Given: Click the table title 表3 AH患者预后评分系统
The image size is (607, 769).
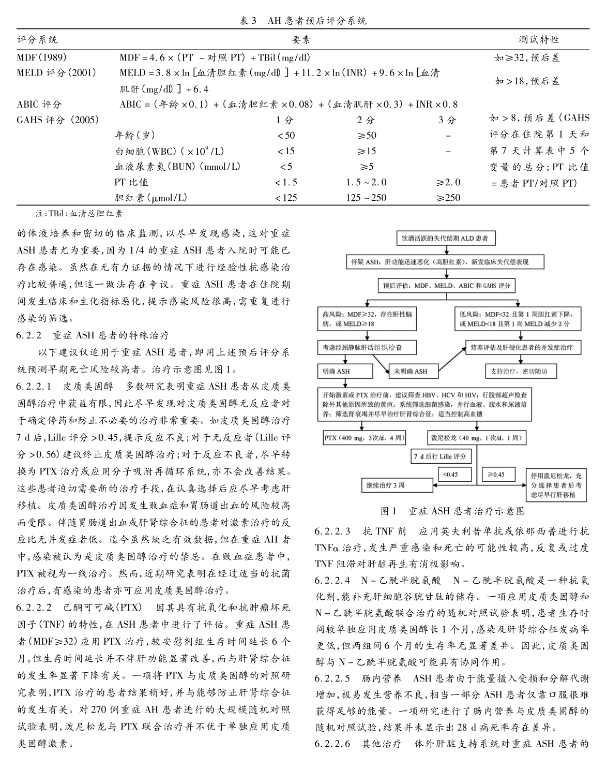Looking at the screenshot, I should point(303,21).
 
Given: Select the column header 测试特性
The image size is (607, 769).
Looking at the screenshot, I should point(539,40).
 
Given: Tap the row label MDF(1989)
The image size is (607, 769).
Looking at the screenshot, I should point(42,57).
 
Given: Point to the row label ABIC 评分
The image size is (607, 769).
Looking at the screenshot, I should point(39,104).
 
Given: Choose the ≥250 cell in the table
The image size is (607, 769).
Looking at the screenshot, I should point(448,198).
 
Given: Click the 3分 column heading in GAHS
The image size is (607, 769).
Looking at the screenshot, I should point(447,120).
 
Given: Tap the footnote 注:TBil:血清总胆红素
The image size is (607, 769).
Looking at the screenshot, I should point(79,213).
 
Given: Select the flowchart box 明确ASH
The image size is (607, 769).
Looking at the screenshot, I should point(344,371).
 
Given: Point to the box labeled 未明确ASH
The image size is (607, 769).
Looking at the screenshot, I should point(414,371).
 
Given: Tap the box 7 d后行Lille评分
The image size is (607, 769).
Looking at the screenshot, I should point(439,456).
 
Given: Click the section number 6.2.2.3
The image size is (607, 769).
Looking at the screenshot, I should point(332,531).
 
